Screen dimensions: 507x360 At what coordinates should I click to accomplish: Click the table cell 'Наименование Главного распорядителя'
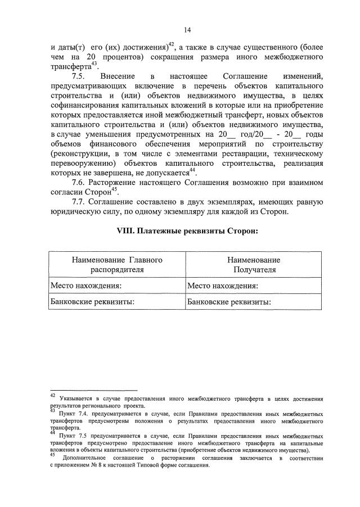point(117,265)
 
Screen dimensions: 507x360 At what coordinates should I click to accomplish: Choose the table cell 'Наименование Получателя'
point(254,265)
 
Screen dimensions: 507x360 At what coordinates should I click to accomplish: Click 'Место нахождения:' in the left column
point(86,286)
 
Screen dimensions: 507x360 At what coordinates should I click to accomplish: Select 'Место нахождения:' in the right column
point(223,286)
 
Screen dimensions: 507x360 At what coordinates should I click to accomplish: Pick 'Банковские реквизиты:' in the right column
point(229,302)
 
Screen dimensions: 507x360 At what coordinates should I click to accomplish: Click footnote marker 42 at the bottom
point(53,397)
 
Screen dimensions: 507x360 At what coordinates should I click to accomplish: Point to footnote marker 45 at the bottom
point(53,455)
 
